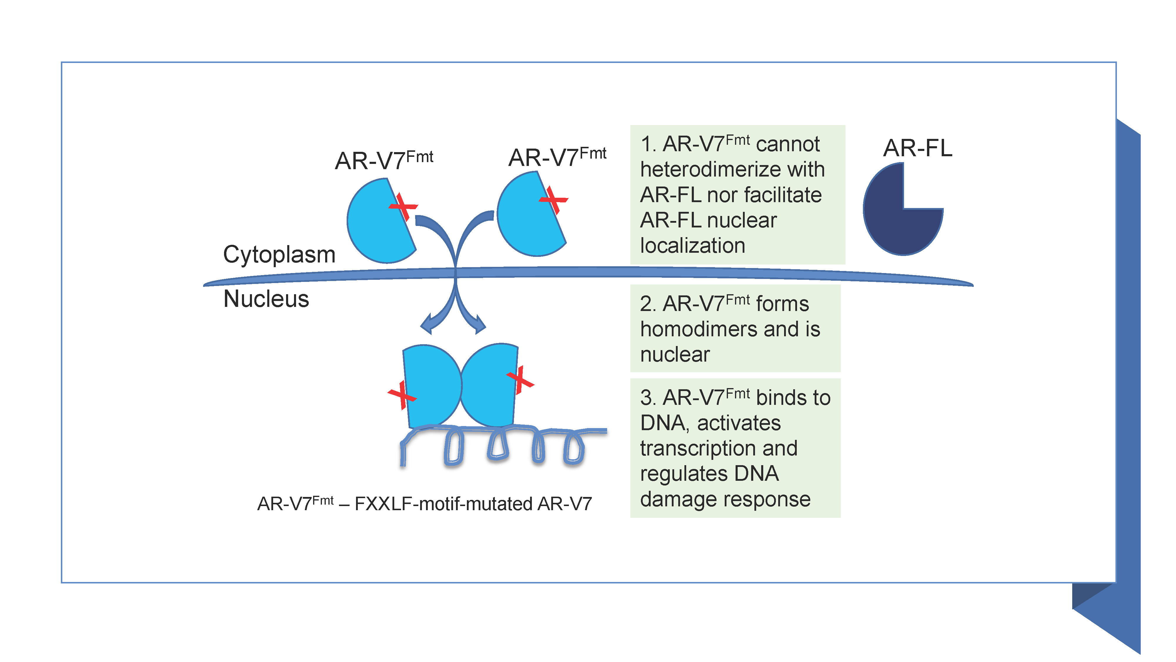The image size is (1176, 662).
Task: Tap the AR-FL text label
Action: click(918, 148)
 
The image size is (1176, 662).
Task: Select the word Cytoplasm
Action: click(279, 255)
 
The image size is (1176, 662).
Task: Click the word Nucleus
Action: click(266, 299)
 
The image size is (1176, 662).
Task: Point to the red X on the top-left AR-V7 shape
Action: click(403, 207)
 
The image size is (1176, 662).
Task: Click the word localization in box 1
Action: click(693, 246)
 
